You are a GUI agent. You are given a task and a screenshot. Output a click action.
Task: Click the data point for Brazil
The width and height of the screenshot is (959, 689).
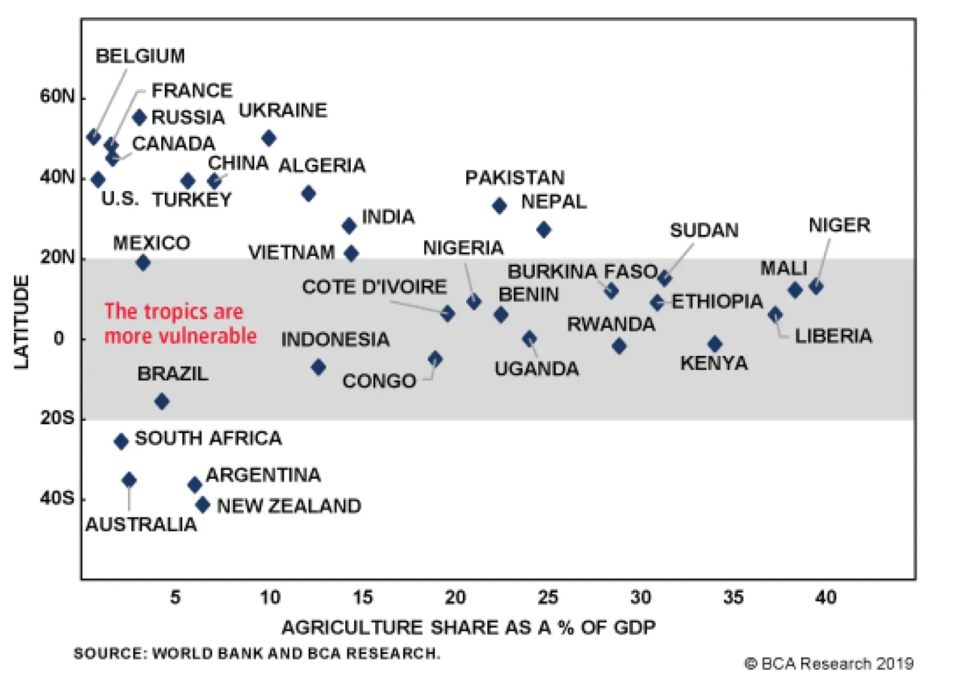pyautogui.click(x=162, y=401)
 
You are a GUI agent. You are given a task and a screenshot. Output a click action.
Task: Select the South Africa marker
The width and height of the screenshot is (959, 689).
pyautogui.click(x=121, y=442)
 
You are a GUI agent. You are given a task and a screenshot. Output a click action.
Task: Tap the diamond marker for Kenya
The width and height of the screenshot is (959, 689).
pyautogui.click(x=714, y=344)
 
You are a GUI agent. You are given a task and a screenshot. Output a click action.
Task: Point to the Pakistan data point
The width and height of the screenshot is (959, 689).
pyautogui.click(x=499, y=206)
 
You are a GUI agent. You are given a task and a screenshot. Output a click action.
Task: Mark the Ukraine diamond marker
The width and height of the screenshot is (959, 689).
pyautogui.click(x=269, y=138)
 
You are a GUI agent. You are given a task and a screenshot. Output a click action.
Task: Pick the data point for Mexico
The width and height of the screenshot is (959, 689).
pyautogui.click(x=143, y=262)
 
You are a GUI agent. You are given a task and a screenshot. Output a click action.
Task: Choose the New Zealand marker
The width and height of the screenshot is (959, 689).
pyautogui.click(x=203, y=504)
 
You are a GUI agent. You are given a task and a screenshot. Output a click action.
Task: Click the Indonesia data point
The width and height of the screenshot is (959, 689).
pyautogui.click(x=318, y=367)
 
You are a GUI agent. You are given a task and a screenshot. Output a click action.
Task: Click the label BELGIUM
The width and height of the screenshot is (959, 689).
pyautogui.click(x=140, y=56)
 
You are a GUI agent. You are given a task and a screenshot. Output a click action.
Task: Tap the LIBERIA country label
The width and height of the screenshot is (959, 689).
pyautogui.click(x=833, y=336)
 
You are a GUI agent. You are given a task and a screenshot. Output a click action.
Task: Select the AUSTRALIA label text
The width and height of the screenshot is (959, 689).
pyautogui.click(x=141, y=525)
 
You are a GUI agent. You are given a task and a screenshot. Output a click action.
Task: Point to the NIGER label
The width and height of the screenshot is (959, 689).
pyautogui.click(x=839, y=225)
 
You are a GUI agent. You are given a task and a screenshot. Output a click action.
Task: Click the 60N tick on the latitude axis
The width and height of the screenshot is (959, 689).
pyautogui.click(x=57, y=96)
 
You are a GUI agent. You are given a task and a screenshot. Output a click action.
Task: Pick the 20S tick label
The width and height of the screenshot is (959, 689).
pyautogui.click(x=57, y=418)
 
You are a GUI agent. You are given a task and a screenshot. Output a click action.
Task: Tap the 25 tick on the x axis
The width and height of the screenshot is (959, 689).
pyautogui.click(x=548, y=597)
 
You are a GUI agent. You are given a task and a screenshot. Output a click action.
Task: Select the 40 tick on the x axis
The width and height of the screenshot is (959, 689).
pyautogui.click(x=826, y=597)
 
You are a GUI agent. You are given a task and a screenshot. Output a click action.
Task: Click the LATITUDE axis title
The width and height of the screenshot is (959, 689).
pyautogui.click(x=22, y=322)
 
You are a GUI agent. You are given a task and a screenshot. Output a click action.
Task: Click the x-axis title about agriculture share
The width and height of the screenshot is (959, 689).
pyautogui.click(x=468, y=627)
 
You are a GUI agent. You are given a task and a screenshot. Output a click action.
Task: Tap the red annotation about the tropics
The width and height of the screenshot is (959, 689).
pyautogui.click(x=180, y=324)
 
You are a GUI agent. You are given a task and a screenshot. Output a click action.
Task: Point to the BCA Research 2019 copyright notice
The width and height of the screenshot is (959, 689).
pyautogui.click(x=829, y=664)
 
